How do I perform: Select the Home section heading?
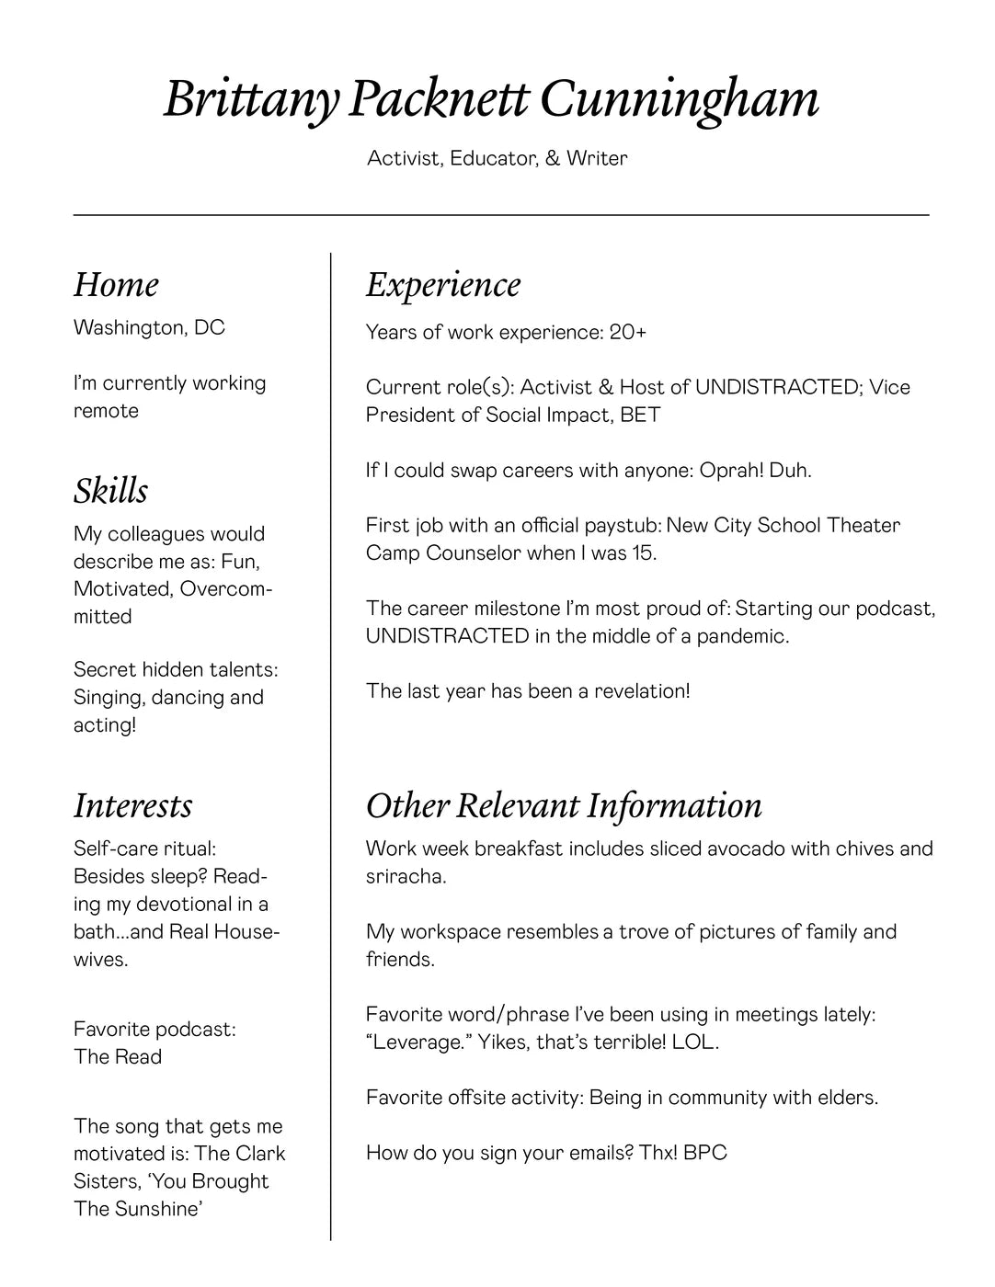(116, 285)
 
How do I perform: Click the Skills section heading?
(110, 491)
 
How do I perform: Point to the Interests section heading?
(133, 805)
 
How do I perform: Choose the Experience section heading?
(443, 285)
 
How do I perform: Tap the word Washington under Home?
(129, 328)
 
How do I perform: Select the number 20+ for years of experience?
(627, 332)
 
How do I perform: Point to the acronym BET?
(640, 415)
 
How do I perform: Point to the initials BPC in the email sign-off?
(705, 1153)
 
